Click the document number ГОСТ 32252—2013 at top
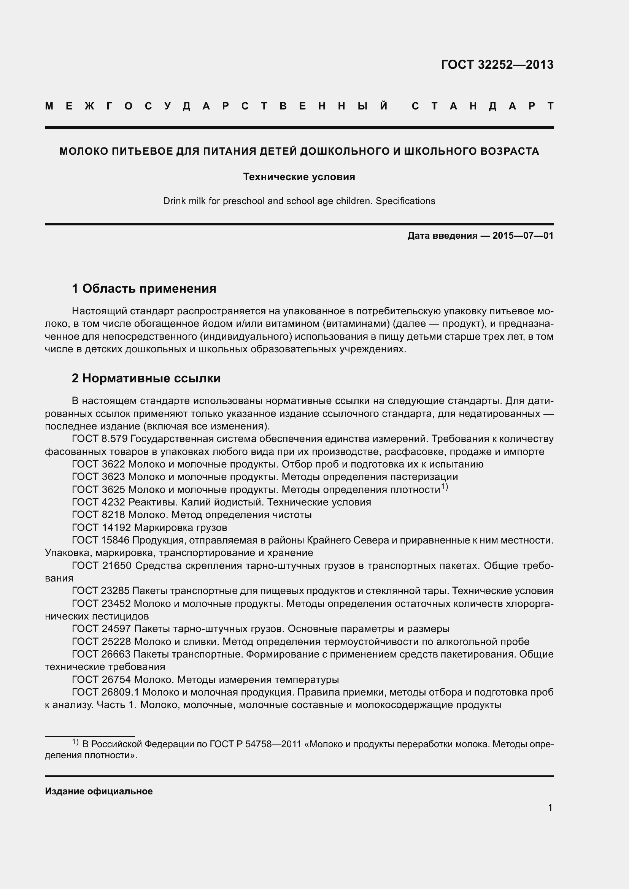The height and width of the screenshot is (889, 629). pyautogui.click(x=497, y=65)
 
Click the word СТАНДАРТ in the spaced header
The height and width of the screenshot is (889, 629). pyautogui.click(x=483, y=106)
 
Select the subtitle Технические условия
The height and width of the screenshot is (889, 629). pyautogui.click(x=299, y=177)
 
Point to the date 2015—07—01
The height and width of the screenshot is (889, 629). pyautogui.click(x=523, y=235)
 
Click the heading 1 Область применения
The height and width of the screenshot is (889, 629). pyautogui.click(x=144, y=288)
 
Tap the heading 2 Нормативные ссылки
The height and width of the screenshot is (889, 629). pyautogui.click(x=146, y=378)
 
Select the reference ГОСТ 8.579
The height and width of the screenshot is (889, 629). pyautogui.click(x=100, y=439)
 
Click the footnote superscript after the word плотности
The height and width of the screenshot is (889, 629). pyautogui.click(x=445, y=487)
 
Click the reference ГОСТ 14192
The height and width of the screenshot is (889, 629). pyautogui.click(x=101, y=528)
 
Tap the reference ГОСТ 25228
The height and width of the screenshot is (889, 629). pyautogui.click(x=101, y=642)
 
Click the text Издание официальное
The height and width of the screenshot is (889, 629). pyautogui.click(x=99, y=791)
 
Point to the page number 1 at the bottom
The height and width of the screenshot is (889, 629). pyautogui.click(x=550, y=807)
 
